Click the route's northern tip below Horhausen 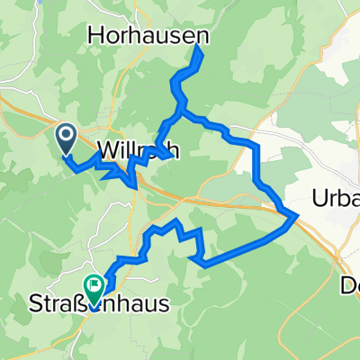197,49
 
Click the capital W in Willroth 103,150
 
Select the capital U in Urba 320,197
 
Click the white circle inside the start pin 67,135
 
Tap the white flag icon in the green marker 94,283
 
